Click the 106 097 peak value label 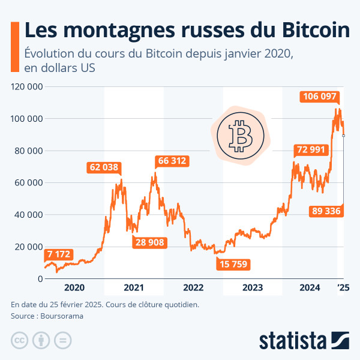pyautogui.click(x=320, y=97)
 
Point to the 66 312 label pyautogui.click(x=172, y=161)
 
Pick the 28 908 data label pyautogui.click(x=150, y=242)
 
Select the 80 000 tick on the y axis pyautogui.click(x=28, y=151)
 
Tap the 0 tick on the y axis pyautogui.click(x=39, y=279)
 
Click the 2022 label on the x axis pyautogui.click(x=193, y=287)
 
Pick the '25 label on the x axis pyautogui.click(x=344, y=287)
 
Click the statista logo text pyautogui.click(x=292, y=340)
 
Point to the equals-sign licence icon pyautogui.click(x=62, y=341)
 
